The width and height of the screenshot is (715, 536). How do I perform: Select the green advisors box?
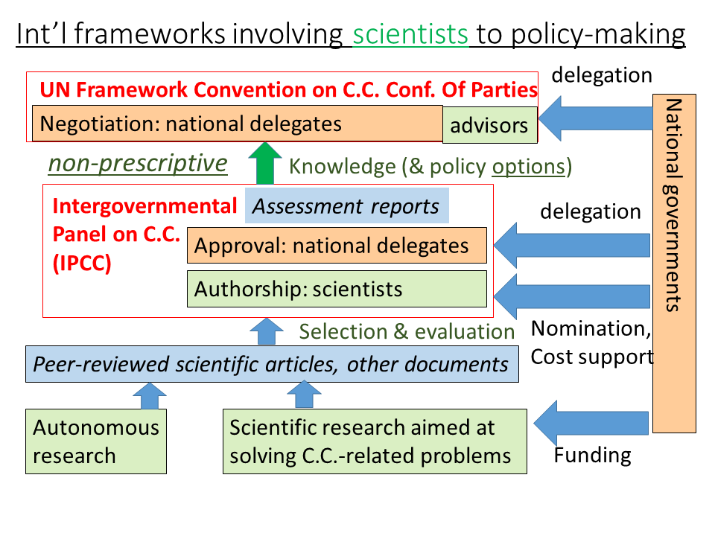(x=490, y=125)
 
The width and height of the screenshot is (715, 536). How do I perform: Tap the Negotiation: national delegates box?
(x=237, y=124)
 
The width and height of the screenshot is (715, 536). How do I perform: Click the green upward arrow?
(x=265, y=163)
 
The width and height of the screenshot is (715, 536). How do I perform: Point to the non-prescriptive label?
(x=138, y=163)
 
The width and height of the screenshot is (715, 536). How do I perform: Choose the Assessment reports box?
(x=346, y=205)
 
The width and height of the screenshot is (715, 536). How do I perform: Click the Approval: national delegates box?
(x=337, y=245)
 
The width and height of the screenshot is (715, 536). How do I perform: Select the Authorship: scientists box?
(x=337, y=289)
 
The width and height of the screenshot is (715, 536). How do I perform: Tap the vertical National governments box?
(x=674, y=264)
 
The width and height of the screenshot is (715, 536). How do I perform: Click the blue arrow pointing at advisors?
(x=596, y=118)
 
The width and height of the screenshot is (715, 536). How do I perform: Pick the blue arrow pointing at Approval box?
(x=572, y=245)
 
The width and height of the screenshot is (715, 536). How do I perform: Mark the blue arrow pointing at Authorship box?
(x=572, y=296)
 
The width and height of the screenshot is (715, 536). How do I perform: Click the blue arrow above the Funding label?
(x=591, y=423)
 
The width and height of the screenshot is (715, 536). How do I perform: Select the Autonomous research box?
(x=96, y=441)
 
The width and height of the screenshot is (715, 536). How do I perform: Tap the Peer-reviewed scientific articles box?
(x=272, y=364)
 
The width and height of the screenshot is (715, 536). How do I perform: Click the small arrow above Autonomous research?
(x=150, y=396)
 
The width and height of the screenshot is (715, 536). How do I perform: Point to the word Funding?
(x=593, y=456)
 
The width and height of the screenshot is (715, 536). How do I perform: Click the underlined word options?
(x=529, y=167)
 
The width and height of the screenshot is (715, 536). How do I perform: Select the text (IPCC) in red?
(x=82, y=264)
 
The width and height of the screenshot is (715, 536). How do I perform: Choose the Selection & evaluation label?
(x=407, y=331)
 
